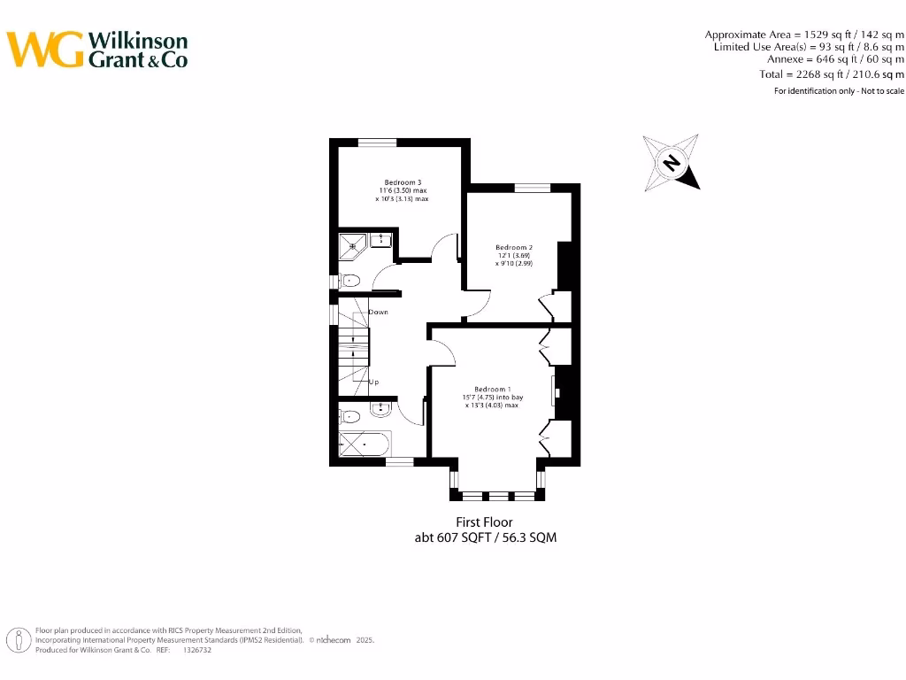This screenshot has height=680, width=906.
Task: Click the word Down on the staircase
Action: click(378, 313)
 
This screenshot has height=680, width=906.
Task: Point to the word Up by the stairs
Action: click(374, 382)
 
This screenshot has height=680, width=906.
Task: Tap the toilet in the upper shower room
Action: click(351, 282)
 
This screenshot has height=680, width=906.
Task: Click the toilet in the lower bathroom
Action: click(349, 415)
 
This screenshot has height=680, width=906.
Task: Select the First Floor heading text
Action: click(484, 522)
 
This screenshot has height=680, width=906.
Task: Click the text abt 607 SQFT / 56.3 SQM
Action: click(486, 537)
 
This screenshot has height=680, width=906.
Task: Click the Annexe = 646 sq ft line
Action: click(835, 59)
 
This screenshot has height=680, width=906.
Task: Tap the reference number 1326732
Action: click(197, 650)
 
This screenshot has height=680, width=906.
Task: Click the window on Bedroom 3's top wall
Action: click(377, 143)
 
